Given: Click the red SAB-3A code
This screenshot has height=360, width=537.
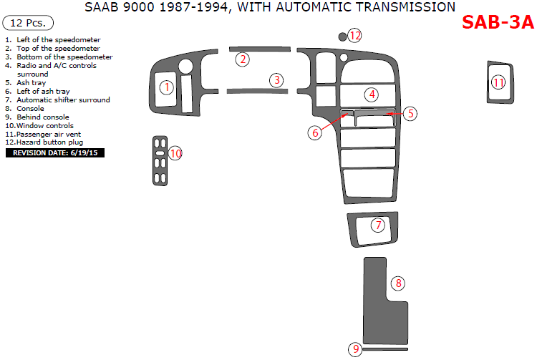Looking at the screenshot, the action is [x=498, y=23].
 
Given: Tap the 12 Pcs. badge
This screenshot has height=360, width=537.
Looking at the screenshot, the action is [x=28, y=23].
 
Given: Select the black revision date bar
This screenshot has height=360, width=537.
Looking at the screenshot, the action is [x=55, y=152].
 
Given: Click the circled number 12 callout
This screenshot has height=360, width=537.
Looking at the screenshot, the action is [x=355, y=36].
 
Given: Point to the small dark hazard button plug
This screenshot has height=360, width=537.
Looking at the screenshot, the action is [x=342, y=37].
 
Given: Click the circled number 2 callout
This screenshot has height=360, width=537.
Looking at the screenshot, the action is [x=243, y=59].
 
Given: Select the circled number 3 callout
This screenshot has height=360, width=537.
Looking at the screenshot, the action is [x=276, y=80].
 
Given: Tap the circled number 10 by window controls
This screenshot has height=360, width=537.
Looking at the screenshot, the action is [x=175, y=153].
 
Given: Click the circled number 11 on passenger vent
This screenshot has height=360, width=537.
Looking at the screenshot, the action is [x=498, y=82].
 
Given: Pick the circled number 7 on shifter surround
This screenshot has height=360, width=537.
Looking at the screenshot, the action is [x=378, y=225].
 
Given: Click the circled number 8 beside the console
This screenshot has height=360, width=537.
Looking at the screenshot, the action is [x=398, y=283].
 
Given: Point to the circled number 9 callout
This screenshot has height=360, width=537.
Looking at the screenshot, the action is [x=355, y=349].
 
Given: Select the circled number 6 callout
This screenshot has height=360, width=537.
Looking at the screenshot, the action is [x=315, y=133].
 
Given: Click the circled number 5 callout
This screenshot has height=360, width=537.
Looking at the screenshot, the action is [x=410, y=114].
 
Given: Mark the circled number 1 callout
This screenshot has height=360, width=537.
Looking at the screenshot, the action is [x=167, y=87].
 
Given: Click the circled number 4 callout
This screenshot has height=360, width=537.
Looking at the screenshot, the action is [x=372, y=94].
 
